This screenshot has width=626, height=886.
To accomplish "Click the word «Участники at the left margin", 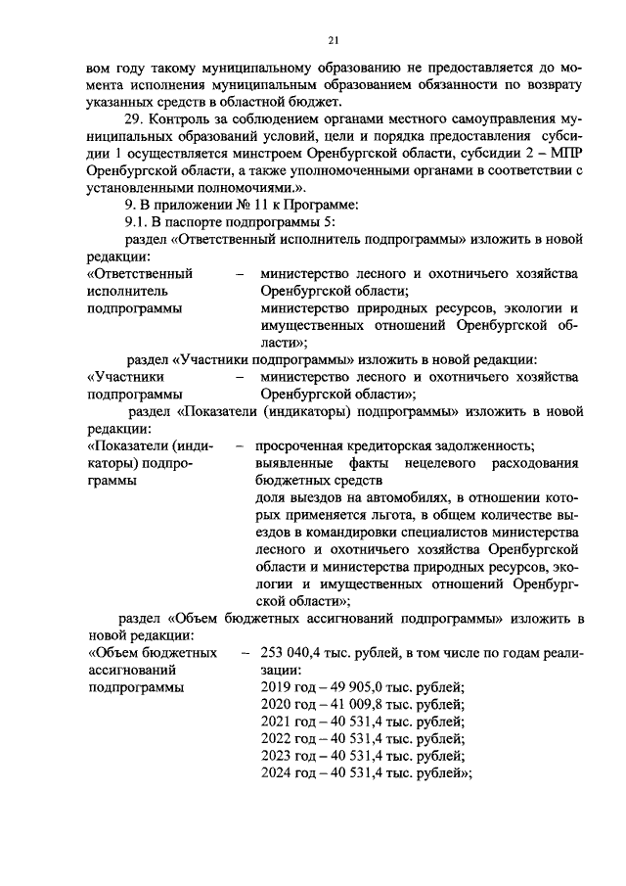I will [x=125, y=376].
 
